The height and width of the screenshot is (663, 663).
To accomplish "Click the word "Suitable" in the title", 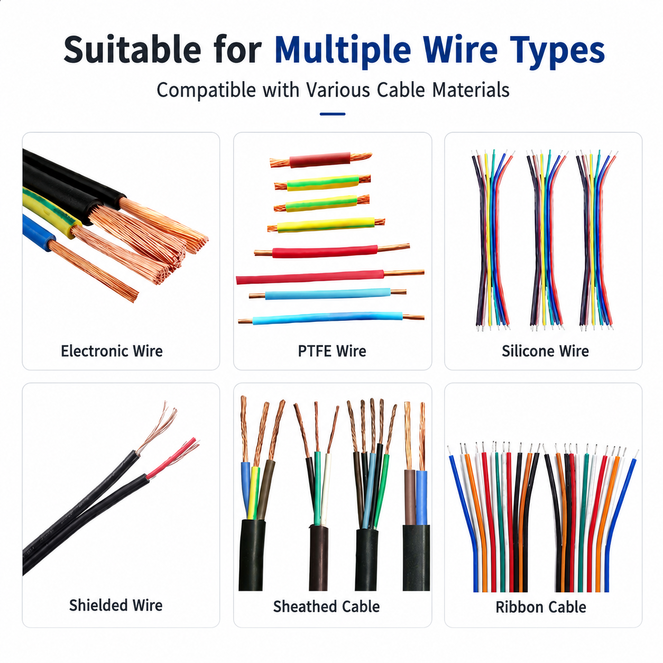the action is coord(132,50).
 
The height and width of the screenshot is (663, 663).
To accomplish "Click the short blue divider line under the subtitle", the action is coord(332,114).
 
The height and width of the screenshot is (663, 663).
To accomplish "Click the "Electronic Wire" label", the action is coord(112,351).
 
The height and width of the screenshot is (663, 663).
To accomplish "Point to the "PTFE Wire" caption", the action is coord(332,351).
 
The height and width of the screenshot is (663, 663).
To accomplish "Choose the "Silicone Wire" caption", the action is coord(545,351).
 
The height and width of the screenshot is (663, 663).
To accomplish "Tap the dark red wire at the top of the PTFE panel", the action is coord(320,160).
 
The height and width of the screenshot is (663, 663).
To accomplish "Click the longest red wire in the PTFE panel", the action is coord(310,278).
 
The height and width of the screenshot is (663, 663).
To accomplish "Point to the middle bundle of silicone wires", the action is coord(546,241).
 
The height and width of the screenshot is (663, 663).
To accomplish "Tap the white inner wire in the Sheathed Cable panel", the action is coord(326,489).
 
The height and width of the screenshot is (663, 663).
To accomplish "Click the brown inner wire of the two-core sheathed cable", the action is coord(410,497).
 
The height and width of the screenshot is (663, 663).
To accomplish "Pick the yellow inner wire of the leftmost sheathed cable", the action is coord(254,492).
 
